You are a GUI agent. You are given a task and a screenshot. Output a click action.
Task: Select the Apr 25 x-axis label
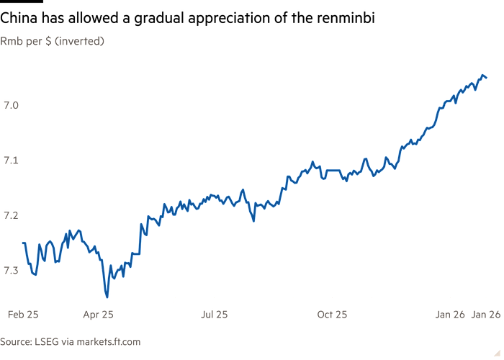coord(99,314)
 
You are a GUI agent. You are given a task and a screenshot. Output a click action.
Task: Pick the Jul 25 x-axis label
coord(215,314)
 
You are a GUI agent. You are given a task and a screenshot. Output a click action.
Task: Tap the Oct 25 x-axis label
coord(333,314)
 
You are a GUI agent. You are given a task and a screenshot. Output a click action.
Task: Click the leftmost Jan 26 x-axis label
coord(449,314)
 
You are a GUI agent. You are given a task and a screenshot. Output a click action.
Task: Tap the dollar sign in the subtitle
coord(50,42)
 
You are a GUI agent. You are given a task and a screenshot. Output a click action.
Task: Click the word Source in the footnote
coord(15,341)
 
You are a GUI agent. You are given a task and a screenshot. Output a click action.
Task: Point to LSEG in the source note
coord(45,341)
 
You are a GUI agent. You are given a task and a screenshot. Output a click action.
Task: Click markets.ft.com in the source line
coord(107,341)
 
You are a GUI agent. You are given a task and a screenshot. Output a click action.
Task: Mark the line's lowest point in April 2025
coord(107,295)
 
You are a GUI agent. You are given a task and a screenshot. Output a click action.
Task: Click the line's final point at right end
coord(487,77)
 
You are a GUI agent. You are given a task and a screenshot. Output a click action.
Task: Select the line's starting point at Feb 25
coord(23,243)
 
